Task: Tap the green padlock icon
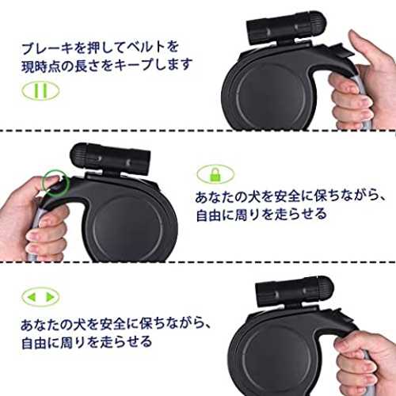(x=215, y=174)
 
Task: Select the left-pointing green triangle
(x=32, y=297)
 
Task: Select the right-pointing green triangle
(x=51, y=297)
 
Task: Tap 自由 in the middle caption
(x=208, y=215)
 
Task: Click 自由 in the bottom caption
(x=34, y=342)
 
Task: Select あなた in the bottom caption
(x=50, y=325)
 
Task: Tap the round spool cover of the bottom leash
(x=279, y=363)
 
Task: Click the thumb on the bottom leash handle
(x=351, y=341)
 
